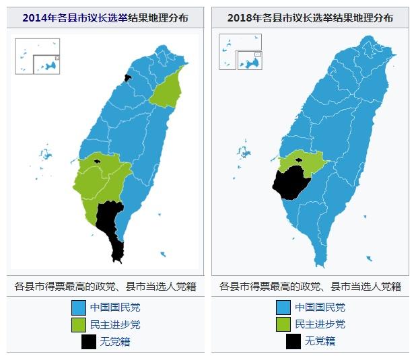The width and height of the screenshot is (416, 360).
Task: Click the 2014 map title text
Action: [x=105, y=18]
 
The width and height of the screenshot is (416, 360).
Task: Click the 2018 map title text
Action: [x=310, y=18]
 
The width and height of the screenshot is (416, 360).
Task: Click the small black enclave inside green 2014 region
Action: [x=98, y=161]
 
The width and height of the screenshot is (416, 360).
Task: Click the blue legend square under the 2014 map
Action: [x=79, y=308]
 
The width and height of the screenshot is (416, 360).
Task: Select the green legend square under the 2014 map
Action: [x=79, y=324]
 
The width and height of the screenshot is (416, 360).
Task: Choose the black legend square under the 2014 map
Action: [x=88, y=341]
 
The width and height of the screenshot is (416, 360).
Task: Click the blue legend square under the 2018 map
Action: [x=284, y=308]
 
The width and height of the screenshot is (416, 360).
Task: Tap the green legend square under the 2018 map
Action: [x=284, y=324]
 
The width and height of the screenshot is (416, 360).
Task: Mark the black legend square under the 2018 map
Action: [x=293, y=341]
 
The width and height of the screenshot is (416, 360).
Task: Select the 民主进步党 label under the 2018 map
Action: [x=320, y=324]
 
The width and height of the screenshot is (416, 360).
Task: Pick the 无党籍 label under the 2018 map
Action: [x=320, y=341]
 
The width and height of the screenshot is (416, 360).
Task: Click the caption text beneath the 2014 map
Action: [x=105, y=286]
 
